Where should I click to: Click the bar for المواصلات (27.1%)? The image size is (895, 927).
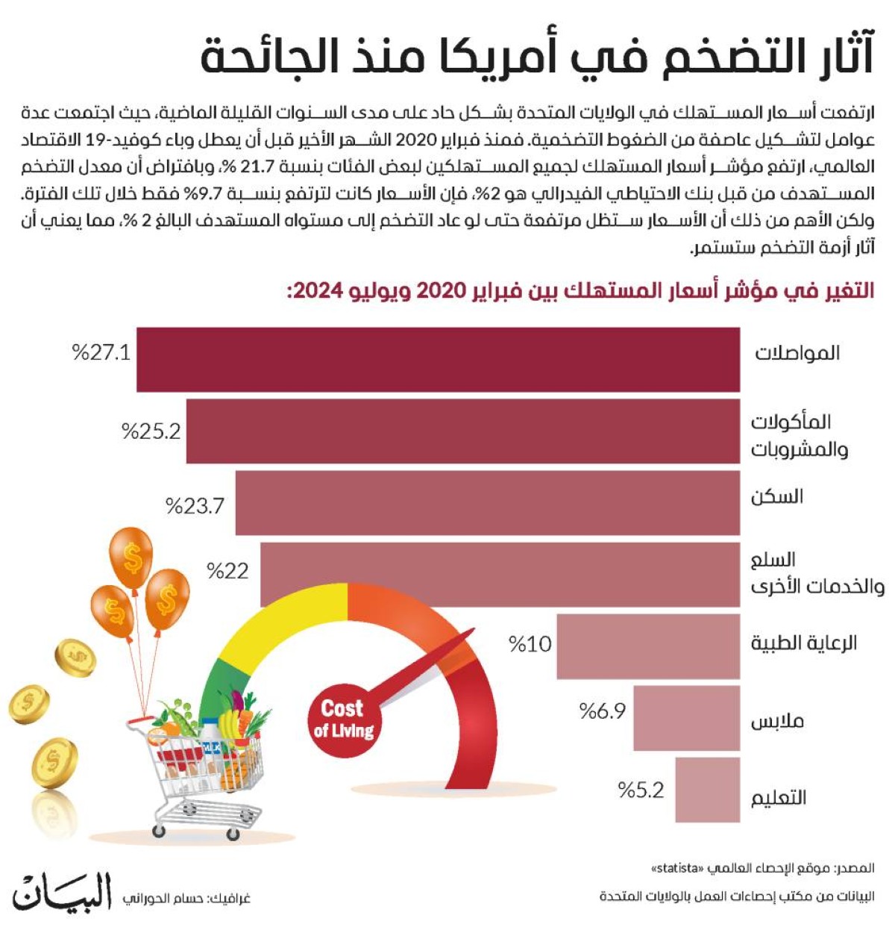[x=438, y=359]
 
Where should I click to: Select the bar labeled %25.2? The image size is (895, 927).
[x=462, y=431]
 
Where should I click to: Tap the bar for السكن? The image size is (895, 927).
[x=487, y=502]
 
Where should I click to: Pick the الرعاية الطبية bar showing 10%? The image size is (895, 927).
[x=647, y=646]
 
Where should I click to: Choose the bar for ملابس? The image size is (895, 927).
[x=686, y=718]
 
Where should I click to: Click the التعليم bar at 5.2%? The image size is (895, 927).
[x=707, y=790]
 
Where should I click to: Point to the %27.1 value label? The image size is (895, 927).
[x=101, y=352]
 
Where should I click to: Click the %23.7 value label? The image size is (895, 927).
[x=195, y=506]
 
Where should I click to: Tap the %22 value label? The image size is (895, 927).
[x=227, y=571]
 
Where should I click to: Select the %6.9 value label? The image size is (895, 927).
[x=603, y=711]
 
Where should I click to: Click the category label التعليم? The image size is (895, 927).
[x=778, y=797]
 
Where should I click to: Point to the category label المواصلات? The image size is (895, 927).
[x=797, y=352]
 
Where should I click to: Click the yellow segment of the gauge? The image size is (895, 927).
[x=287, y=616]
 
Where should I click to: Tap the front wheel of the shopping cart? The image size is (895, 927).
[x=158, y=830]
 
